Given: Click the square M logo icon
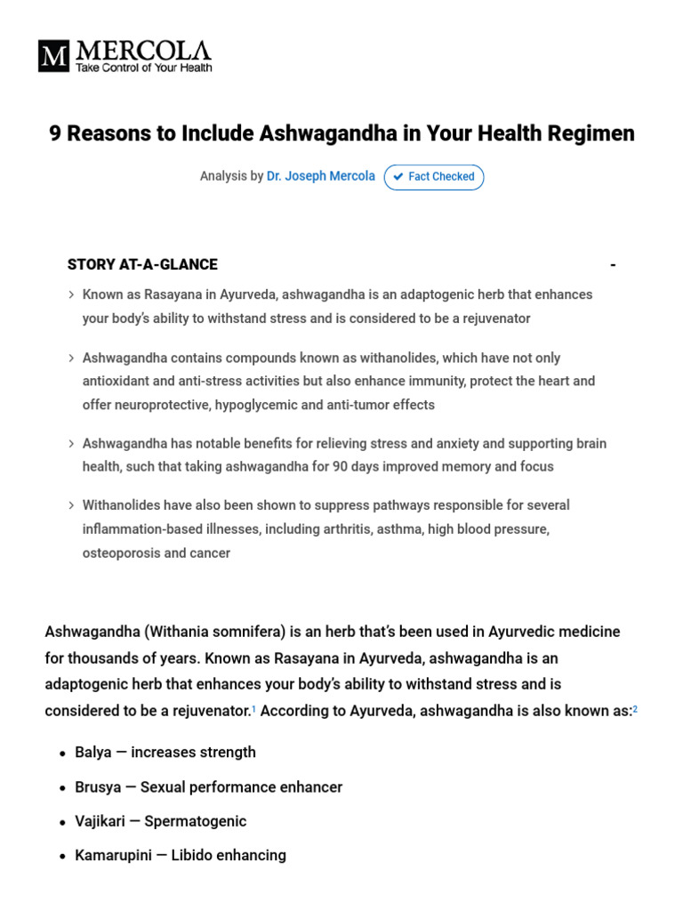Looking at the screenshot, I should (54, 56).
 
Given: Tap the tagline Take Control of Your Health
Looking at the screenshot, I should (144, 68).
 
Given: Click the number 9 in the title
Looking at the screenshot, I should (55, 133).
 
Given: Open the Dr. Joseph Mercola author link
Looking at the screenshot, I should (321, 176).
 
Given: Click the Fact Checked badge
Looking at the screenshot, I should (434, 177).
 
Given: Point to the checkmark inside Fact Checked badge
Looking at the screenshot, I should (398, 177).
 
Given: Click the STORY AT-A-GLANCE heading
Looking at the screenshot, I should (142, 264).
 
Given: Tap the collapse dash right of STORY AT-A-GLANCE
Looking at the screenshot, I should (613, 265).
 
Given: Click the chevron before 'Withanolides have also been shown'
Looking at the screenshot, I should (71, 505).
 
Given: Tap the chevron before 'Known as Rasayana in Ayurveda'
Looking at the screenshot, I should (71, 294).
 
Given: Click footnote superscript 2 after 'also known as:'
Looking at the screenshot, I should (635, 709).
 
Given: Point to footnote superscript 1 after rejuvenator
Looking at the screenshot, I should (253, 709).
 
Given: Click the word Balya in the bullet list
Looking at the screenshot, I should (93, 752).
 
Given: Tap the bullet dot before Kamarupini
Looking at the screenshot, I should (62, 856).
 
